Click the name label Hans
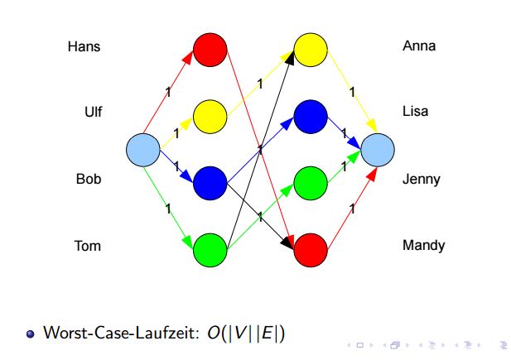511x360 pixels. (84, 46)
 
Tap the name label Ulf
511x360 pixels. (94, 112)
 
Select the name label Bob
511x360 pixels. (89, 179)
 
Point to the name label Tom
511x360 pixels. (87, 246)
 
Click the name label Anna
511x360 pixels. (419, 46)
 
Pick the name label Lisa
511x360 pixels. (415, 111)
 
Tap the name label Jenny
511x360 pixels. (422, 180)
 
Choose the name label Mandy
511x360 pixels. (424, 246)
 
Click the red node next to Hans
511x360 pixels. (210, 50)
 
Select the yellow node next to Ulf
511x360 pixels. (210, 117)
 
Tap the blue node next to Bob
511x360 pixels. (210, 183)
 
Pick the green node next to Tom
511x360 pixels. (210, 250)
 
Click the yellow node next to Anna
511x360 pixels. (311, 50)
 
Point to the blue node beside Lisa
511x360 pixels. (311, 117)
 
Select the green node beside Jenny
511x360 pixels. (311, 183)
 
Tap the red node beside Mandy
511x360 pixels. (311, 250)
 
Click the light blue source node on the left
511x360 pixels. (143, 150)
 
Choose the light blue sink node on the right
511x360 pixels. (378, 150)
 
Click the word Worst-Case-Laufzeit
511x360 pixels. (121, 333)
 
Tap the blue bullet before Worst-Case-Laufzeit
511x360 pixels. (31, 334)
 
